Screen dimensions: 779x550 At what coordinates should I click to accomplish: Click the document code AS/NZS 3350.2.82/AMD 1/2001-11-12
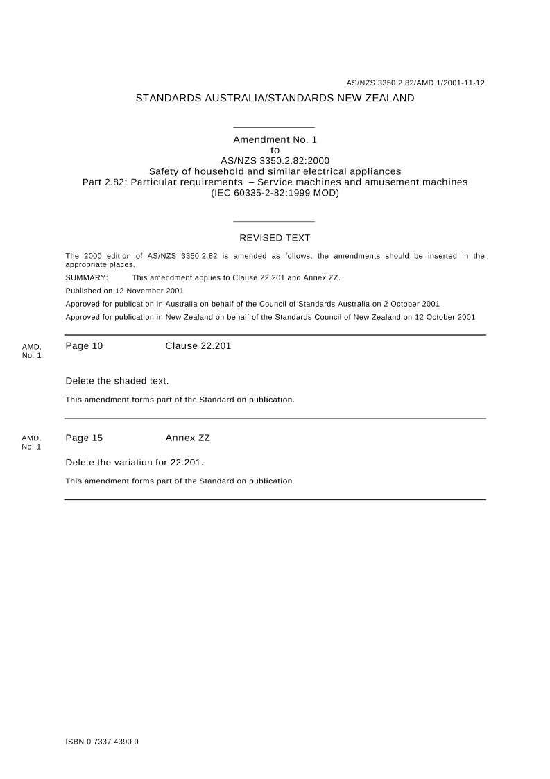click(415, 83)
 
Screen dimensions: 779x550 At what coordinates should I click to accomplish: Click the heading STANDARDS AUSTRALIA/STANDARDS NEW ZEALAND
click(275, 99)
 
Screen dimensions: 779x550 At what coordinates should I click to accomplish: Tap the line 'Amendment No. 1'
click(275, 139)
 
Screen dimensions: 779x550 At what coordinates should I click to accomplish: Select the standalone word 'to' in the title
click(275, 150)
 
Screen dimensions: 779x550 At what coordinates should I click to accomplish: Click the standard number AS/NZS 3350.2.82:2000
click(275, 161)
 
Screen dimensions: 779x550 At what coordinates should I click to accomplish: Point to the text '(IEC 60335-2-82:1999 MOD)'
click(275, 193)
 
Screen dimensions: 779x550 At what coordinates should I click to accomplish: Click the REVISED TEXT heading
click(275, 238)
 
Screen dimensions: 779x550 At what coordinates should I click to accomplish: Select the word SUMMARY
click(87, 277)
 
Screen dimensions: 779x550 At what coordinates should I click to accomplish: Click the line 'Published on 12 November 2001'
click(124, 291)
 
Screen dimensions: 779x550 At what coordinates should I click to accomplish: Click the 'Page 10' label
click(84, 346)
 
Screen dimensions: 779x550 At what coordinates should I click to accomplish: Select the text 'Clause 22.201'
click(198, 346)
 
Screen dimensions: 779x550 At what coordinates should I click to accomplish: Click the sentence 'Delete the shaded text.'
click(117, 381)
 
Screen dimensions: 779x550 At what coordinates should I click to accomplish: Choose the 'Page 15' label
click(84, 438)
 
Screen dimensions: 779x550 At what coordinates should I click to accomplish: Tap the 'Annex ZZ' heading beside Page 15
click(187, 438)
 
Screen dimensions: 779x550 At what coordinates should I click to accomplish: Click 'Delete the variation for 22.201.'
click(134, 463)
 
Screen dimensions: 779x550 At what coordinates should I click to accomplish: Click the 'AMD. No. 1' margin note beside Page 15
click(31, 443)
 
